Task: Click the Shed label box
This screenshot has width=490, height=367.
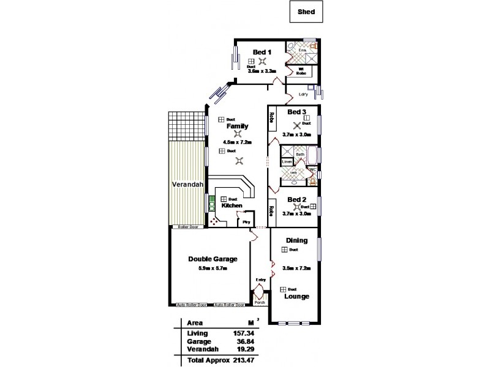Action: point(306,10)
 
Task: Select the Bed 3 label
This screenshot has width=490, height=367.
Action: point(296,112)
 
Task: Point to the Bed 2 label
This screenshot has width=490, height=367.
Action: point(296,199)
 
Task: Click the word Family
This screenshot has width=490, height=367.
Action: point(238,126)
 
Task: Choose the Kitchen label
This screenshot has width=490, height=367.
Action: point(232,206)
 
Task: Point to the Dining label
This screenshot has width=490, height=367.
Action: point(296,240)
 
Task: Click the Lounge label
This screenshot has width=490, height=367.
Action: point(296,297)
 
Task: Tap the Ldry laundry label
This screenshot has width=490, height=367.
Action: point(303,94)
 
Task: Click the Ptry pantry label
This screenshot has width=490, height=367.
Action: point(247,222)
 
